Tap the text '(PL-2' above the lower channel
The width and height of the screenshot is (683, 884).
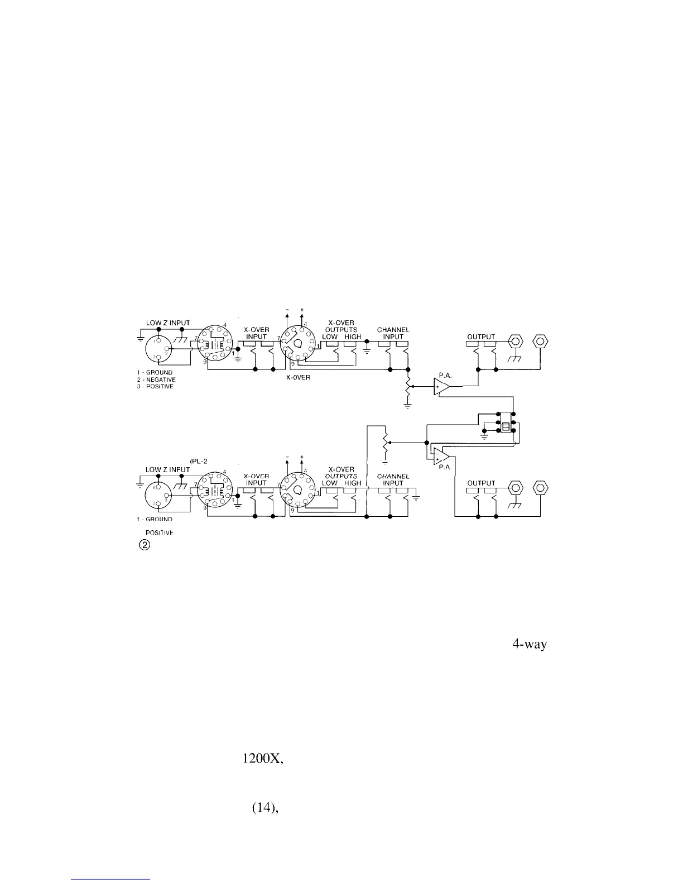click(x=199, y=461)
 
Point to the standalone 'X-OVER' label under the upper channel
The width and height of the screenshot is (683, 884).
click(x=297, y=378)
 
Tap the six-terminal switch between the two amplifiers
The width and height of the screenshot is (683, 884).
click(x=506, y=422)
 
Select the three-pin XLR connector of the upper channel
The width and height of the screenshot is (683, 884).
click(x=160, y=349)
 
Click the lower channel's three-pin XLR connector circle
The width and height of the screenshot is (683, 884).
click(x=158, y=496)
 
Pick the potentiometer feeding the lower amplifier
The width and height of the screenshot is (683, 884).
click(x=384, y=441)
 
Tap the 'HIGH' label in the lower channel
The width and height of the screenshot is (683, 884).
click(x=353, y=483)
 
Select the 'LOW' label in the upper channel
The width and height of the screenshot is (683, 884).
click(x=330, y=337)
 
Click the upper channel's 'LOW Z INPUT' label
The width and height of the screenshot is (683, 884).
click(x=167, y=323)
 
